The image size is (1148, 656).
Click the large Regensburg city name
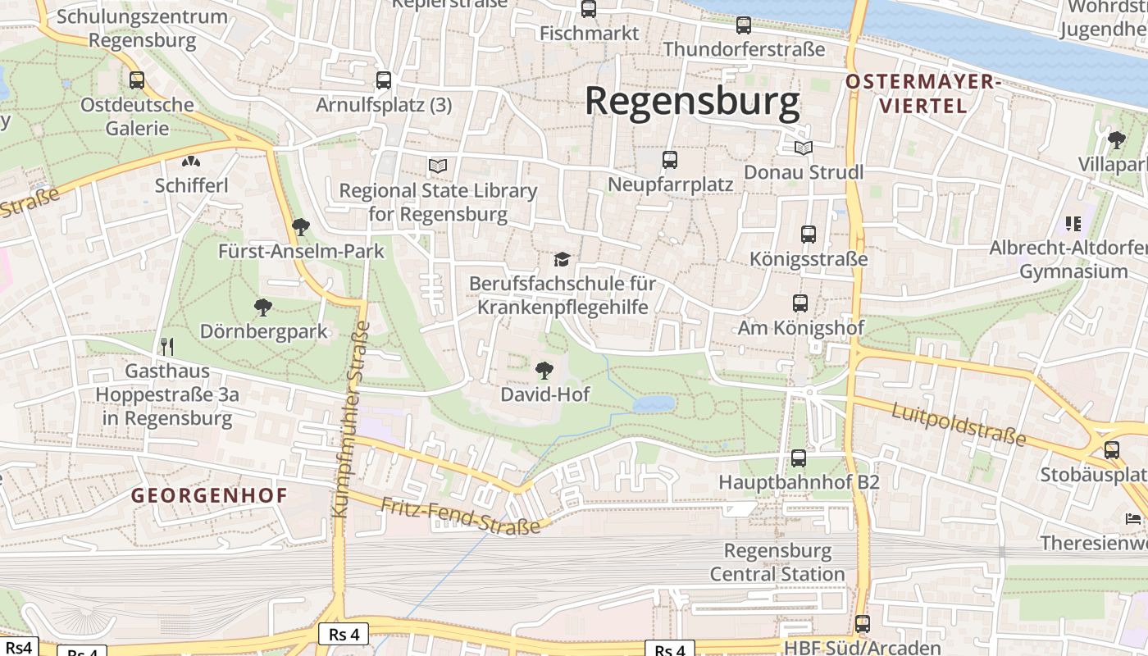[692, 102]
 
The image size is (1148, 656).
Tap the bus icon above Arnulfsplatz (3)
[384, 80]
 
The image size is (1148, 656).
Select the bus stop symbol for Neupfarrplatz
[670, 160]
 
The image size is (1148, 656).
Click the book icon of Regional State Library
[439, 166]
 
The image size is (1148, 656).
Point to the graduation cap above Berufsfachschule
[562, 260]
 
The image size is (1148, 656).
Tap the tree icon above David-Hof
[544, 370]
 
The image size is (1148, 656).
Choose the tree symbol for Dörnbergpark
[263, 307]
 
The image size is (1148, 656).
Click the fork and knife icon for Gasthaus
[167, 346]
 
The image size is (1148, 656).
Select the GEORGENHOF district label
[210, 495]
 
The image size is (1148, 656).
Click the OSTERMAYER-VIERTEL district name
[923, 93]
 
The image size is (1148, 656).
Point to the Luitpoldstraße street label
[959, 424]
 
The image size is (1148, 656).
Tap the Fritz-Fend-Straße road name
[461, 515]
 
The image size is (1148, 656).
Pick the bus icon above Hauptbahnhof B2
[799, 458]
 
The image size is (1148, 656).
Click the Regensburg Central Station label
[777, 562]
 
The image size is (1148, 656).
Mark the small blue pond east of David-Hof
[654, 403]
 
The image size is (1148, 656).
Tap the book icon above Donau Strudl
[804, 148]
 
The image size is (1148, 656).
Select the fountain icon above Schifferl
[191, 162]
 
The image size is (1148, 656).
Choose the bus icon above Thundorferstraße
[744, 25]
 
